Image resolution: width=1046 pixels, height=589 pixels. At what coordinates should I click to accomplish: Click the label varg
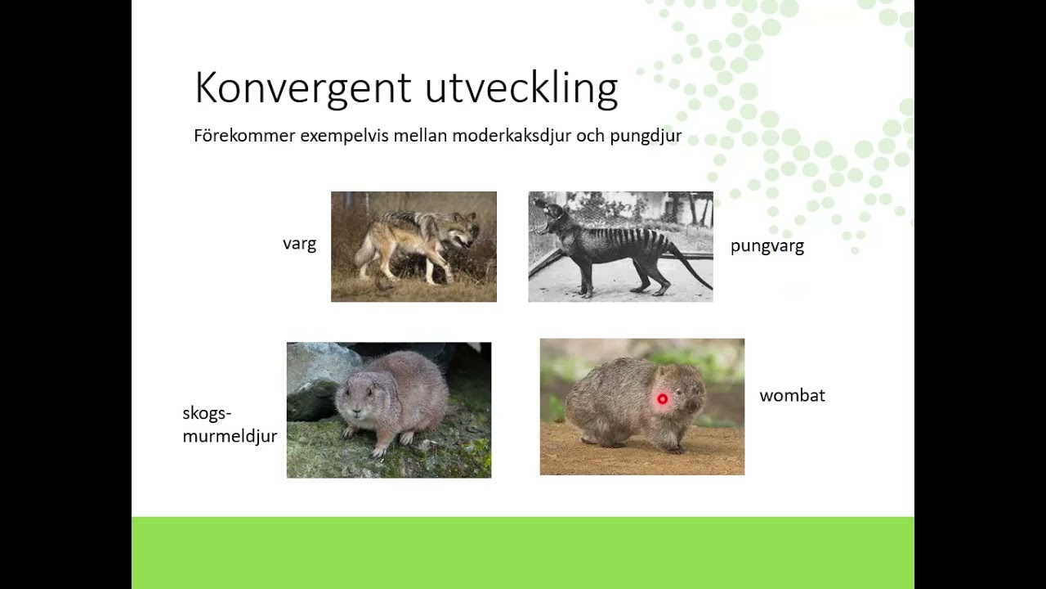click(x=299, y=244)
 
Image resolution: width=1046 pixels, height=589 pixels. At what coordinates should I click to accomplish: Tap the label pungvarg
click(x=767, y=246)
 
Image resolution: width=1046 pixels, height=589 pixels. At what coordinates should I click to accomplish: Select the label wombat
click(x=792, y=396)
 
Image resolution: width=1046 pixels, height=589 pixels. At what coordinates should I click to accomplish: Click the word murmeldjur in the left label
click(x=230, y=436)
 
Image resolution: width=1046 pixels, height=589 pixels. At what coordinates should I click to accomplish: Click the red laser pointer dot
click(x=663, y=399)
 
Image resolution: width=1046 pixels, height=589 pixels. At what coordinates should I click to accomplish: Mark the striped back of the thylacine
click(x=633, y=232)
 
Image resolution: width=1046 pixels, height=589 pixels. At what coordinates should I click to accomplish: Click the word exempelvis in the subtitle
click(x=345, y=136)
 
